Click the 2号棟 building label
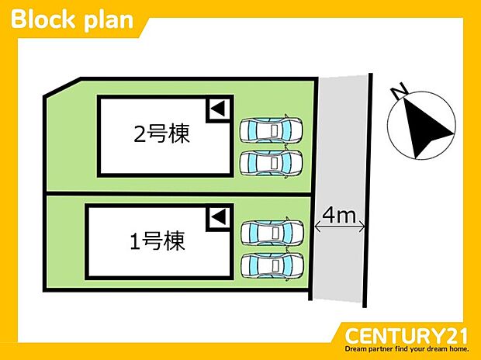(161, 133)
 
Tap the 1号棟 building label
(157, 241)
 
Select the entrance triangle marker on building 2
(218, 109)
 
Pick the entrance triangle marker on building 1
(219, 216)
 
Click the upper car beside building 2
(272, 130)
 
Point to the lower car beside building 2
(272, 163)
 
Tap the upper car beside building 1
(272, 232)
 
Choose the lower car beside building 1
(272, 265)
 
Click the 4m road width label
(339, 216)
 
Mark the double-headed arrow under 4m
(340, 227)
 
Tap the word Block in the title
(43, 19)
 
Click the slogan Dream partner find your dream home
(407, 349)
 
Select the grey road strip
(340, 188)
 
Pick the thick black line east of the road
(368, 190)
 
